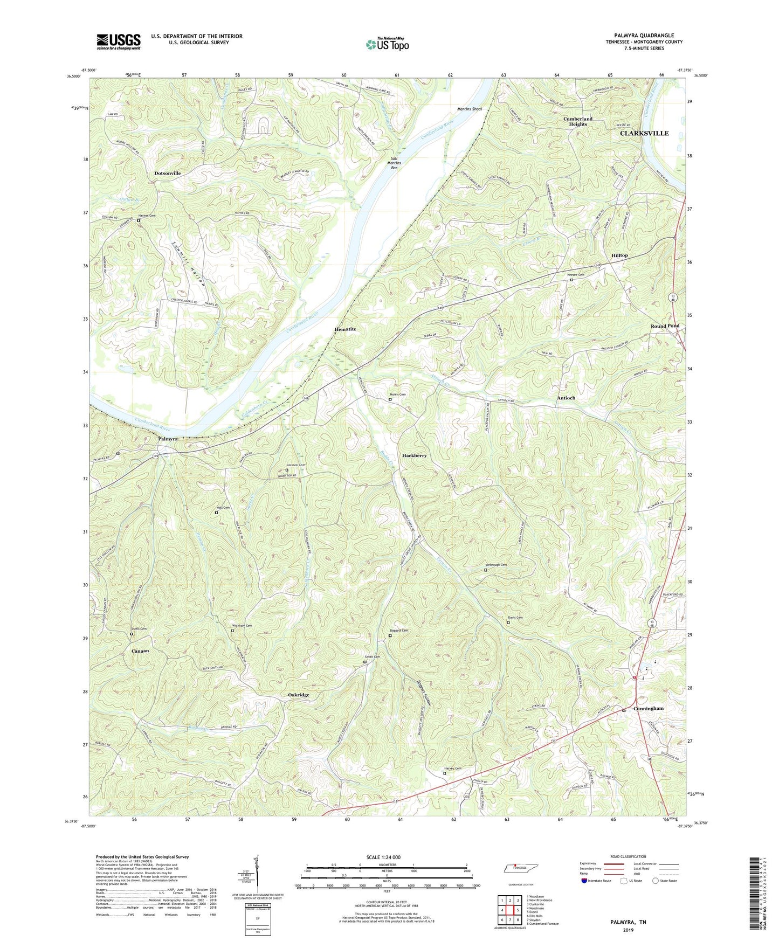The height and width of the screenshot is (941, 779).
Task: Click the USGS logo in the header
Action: [x=119, y=41]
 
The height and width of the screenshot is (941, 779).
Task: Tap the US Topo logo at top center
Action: [x=387, y=44]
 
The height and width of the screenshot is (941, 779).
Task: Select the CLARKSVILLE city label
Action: [x=644, y=133]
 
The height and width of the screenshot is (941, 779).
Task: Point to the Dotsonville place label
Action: [x=167, y=173]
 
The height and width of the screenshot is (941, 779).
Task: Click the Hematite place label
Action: [x=345, y=329]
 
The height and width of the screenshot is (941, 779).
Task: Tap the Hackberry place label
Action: [x=414, y=455]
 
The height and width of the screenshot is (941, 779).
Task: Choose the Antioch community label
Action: [x=566, y=398]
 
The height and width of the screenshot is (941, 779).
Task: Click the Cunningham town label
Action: [x=649, y=708]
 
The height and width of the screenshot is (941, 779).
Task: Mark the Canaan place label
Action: [x=140, y=651]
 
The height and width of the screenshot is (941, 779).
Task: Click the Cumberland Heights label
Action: [x=577, y=121]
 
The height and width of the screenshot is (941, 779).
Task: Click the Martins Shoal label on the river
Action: [x=470, y=109]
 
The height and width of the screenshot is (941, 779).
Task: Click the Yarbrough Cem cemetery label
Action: [x=496, y=565]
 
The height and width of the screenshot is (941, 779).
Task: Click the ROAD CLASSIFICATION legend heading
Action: [x=628, y=856]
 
